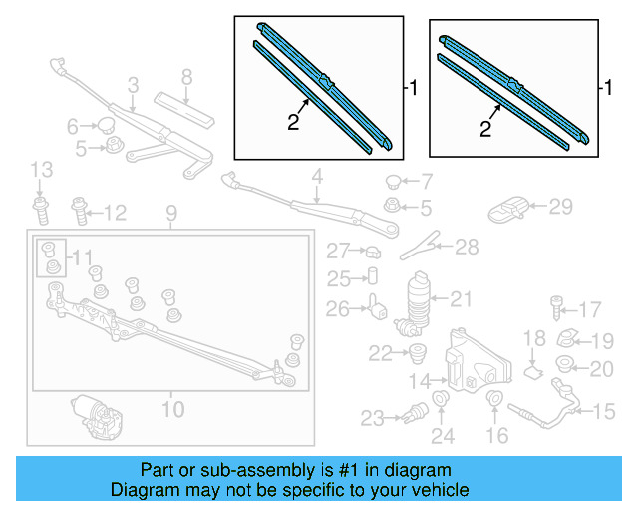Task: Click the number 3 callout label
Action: click(133, 86)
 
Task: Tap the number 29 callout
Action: click(561, 207)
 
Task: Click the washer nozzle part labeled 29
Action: click(510, 210)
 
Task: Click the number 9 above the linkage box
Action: click(170, 213)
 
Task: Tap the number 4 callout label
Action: click(316, 180)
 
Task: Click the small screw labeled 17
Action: click(555, 307)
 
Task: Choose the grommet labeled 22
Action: click(416, 351)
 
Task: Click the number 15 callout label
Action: click(605, 410)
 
